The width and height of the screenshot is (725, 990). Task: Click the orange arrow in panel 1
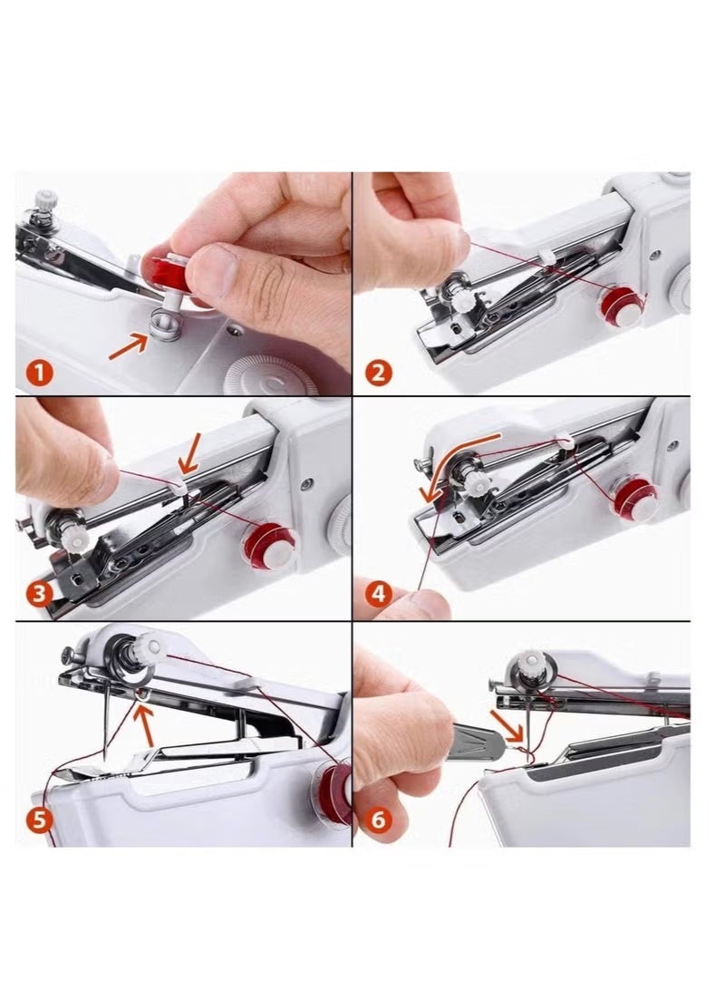pos(129,344)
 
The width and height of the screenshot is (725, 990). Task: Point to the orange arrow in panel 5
pos(145,721)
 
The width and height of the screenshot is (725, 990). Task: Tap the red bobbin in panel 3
pos(273,541)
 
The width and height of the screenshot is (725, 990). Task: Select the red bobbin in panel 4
pos(632,498)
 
